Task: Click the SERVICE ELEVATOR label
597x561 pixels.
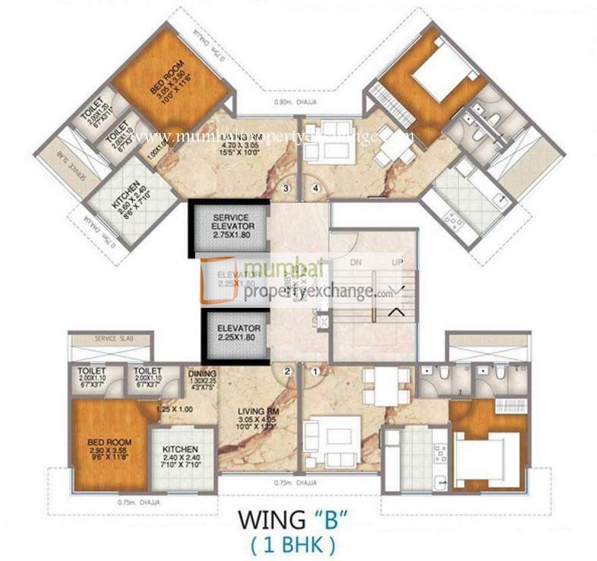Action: pyautogui.click(x=230, y=227)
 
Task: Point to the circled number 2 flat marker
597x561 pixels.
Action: pyautogui.click(x=287, y=372)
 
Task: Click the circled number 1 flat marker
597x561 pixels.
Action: pyautogui.click(x=314, y=372)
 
